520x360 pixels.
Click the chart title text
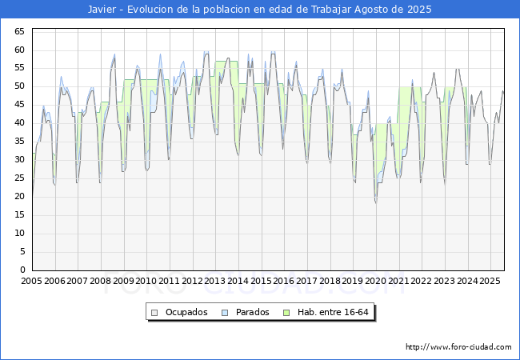(x=260, y=10)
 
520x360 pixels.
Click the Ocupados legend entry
(x=180, y=312)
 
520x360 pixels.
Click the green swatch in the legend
(x=294, y=312)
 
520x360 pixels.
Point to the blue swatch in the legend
(x=225, y=312)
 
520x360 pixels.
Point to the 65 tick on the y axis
(x=20, y=31)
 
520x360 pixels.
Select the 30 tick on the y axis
(x=20, y=160)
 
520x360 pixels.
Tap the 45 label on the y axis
(x=20, y=105)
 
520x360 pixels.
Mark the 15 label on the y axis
(x=20, y=215)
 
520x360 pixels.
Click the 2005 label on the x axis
(x=32, y=282)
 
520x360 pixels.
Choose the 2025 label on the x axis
(x=490, y=282)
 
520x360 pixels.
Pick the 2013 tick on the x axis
(x=215, y=282)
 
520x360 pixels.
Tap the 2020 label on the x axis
(x=376, y=282)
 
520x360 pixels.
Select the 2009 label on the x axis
(x=123, y=282)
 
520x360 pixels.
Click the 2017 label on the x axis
(x=307, y=282)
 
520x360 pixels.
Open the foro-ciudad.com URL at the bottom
(x=458, y=347)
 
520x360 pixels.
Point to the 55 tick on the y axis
(x=20, y=68)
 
